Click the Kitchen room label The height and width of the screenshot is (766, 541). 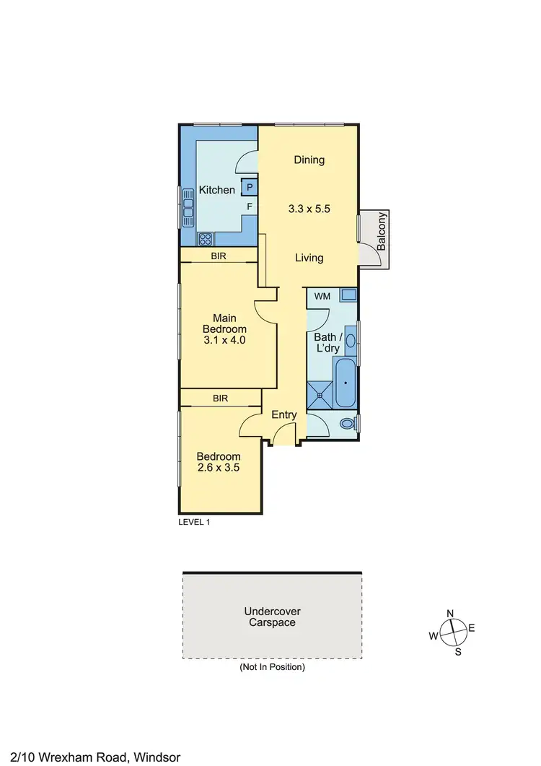coord(217,190)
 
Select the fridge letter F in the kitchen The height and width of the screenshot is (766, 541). coord(250,206)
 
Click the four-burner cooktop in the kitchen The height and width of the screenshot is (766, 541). coord(205,238)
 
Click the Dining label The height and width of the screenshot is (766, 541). coord(309,160)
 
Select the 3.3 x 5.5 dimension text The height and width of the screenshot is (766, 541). coord(309,209)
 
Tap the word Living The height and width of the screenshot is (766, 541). coord(309,258)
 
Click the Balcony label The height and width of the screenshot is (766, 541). coord(382,231)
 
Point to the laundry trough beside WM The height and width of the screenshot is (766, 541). coord(348,295)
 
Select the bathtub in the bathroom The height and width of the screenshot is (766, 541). coord(344,382)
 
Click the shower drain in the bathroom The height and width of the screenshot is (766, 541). coord(319,395)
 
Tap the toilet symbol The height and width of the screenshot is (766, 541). coord(348,423)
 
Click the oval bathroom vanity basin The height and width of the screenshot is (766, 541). coord(351,340)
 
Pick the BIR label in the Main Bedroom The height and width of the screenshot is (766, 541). coord(219,256)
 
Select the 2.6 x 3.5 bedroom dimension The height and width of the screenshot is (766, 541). coord(219,467)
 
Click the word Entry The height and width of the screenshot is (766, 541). coord(283,414)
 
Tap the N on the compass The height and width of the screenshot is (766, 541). coord(451,614)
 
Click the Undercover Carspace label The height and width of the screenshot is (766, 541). coord(270,617)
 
